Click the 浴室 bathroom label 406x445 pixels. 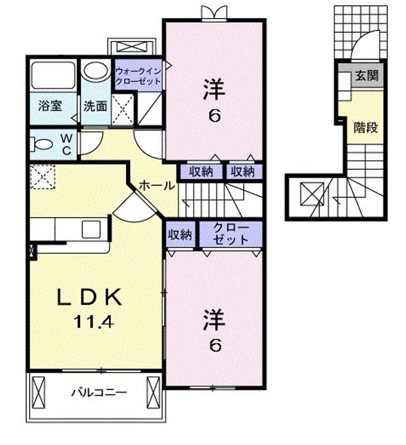pyautogui.click(x=50, y=106)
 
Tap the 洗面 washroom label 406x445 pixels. pyautogui.click(x=95, y=106)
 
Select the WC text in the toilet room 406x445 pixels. pyautogui.click(x=67, y=145)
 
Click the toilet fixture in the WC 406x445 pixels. pyautogui.click(x=42, y=144)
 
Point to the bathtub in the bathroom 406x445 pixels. pyautogui.click(x=53, y=75)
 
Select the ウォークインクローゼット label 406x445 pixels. pyautogui.click(x=138, y=77)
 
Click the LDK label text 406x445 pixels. pyautogui.click(x=89, y=297)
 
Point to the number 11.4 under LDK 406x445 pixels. pyautogui.click(x=94, y=322)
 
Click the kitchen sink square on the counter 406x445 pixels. pyautogui.click(x=91, y=229)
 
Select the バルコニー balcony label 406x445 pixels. pyautogui.click(x=99, y=393)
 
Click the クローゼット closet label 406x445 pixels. pyautogui.click(x=231, y=234)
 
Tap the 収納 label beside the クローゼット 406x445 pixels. pyautogui.click(x=180, y=234)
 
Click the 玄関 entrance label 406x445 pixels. pyautogui.click(x=367, y=76)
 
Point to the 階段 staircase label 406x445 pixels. pyautogui.click(x=365, y=127)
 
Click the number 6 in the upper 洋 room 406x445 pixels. pyautogui.click(x=215, y=116)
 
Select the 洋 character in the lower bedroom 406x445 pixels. pyautogui.click(x=214, y=320)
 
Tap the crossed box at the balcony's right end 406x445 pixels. pyautogui.click(x=153, y=392)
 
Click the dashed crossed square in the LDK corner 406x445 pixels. pyautogui.click(x=43, y=177)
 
